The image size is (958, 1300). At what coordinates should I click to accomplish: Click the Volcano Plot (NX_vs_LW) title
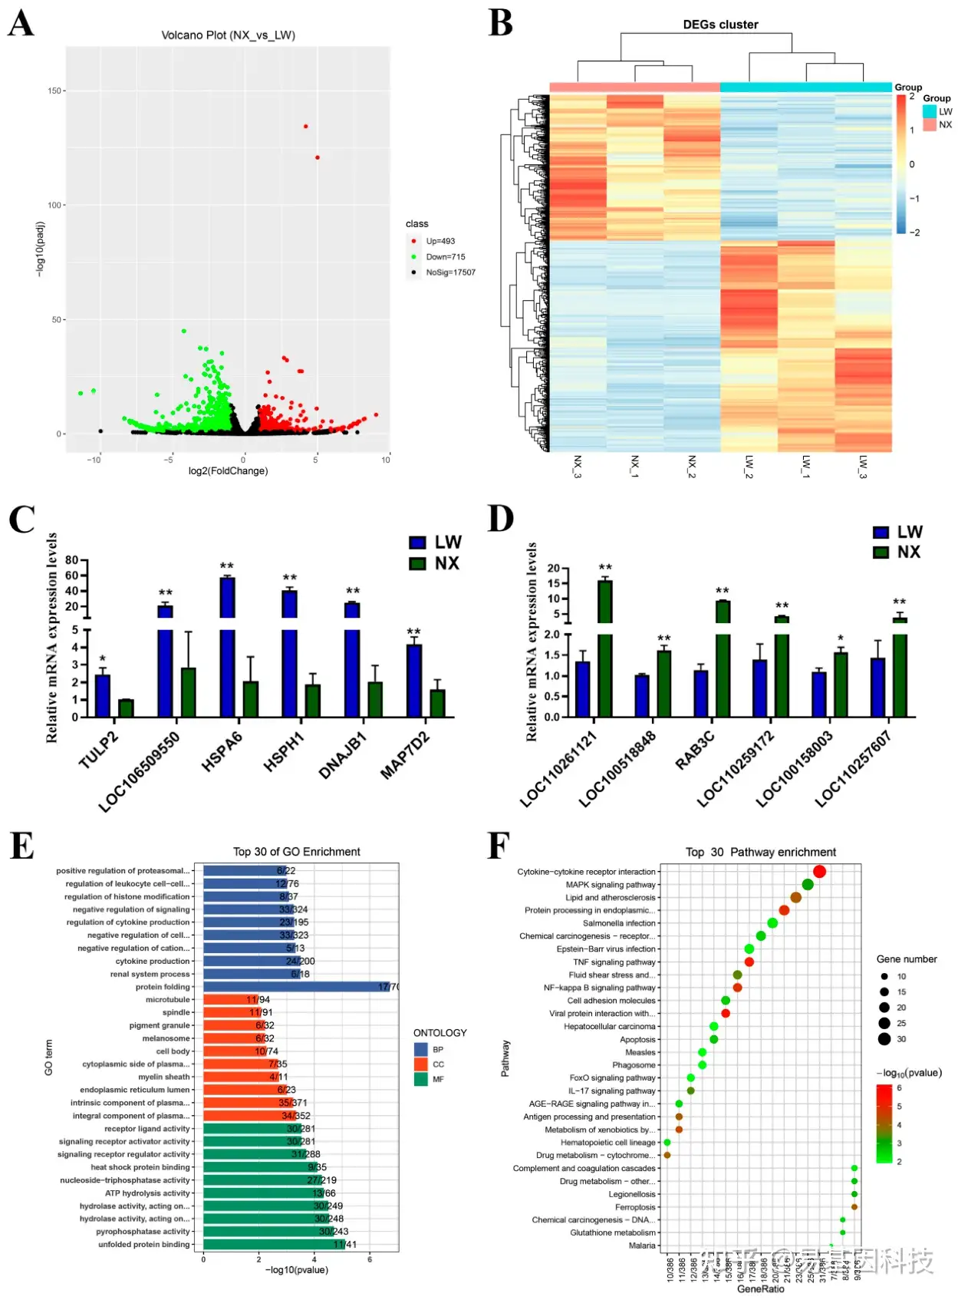(x=228, y=35)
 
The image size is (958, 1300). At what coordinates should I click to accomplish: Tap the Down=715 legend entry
(x=445, y=257)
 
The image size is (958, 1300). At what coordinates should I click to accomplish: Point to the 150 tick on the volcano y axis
(x=54, y=91)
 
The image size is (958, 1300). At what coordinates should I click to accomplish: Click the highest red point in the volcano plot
(x=305, y=127)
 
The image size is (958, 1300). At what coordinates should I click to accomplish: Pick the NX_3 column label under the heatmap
(x=578, y=467)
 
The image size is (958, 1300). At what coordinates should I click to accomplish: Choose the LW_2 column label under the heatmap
(x=749, y=467)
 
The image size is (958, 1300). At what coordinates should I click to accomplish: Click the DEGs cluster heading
(x=720, y=25)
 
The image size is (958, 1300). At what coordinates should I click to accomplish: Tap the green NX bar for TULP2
(x=126, y=708)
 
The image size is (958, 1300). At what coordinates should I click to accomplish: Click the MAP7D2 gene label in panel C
(x=405, y=756)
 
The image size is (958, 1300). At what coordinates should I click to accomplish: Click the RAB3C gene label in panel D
(x=695, y=751)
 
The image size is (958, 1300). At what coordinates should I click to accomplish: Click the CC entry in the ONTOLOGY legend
(x=438, y=1064)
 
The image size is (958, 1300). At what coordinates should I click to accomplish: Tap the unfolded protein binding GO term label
(x=143, y=1245)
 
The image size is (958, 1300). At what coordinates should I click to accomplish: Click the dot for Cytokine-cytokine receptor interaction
(x=819, y=872)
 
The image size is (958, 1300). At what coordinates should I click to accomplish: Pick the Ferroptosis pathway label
(x=635, y=1207)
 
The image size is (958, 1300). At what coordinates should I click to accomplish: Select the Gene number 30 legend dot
(x=884, y=1039)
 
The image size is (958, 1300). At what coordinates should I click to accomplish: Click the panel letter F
(x=499, y=846)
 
